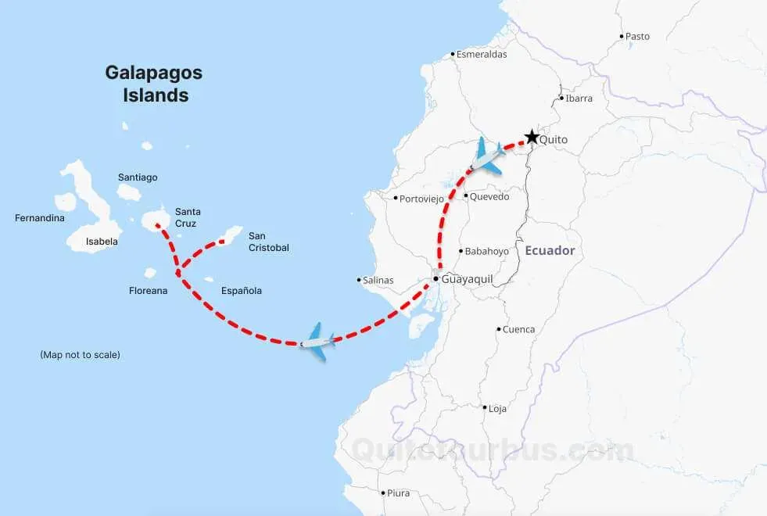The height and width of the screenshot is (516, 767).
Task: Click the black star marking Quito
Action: [x=532, y=138]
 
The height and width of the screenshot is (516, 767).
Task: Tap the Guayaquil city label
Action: [x=467, y=278]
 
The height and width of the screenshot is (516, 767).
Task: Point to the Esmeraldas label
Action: [x=482, y=55]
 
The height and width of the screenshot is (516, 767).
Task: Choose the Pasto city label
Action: [x=637, y=36]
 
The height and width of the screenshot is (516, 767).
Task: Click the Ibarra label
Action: [x=579, y=99]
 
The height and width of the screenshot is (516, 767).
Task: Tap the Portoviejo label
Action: [x=421, y=199]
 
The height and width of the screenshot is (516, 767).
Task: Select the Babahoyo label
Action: [x=486, y=251]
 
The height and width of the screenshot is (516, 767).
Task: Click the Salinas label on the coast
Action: [x=378, y=280]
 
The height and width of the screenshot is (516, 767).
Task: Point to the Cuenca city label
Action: [x=518, y=329]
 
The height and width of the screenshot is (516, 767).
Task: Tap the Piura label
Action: [x=398, y=493]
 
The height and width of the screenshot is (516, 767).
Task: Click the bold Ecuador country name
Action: [x=550, y=251]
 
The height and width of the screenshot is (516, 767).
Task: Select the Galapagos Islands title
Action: [x=154, y=84]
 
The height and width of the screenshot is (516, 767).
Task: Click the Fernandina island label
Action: [x=40, y=218]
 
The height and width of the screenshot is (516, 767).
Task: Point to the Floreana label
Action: [x=148, y=291]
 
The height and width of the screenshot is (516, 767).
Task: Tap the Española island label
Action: [x=242, y=291]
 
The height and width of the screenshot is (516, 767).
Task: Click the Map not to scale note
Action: [x=80, y=354]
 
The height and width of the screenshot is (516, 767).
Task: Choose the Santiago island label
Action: [x=138, y=177]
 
